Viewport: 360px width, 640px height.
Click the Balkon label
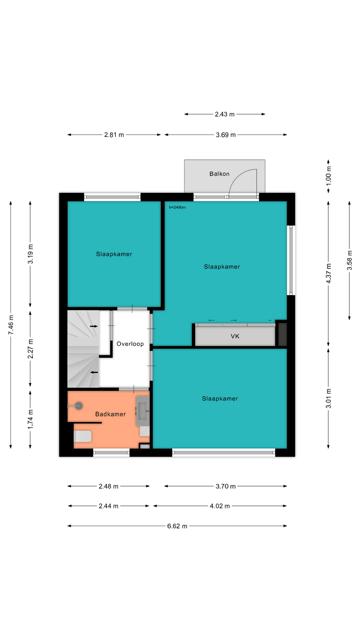coord(219,174)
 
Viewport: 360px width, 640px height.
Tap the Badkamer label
coord(110,414)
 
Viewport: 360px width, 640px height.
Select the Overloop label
coord(130,344)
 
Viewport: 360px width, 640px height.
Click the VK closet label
coord(235,336)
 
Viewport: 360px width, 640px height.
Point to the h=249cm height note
coord(177,207)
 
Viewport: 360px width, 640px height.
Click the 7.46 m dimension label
coord(11,325)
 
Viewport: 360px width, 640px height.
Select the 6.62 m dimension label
coord(177,526)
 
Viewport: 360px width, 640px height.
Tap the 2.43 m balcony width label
coord(225,114)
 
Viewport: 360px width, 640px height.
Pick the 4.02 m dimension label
coord(220,506)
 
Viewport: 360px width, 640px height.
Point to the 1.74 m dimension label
coord(30,419)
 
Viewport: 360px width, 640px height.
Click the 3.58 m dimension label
coord(349,260)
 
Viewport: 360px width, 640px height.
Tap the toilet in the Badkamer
coord(82,436)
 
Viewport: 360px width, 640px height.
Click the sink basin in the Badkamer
coord(143,411)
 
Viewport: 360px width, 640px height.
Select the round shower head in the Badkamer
coord(79,406)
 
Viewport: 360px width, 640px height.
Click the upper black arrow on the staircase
coord(94,326)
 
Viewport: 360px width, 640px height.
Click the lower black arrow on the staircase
coord(95,372)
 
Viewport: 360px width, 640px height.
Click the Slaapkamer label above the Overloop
coord(114,254)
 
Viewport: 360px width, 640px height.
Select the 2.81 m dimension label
coord(114,135)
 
